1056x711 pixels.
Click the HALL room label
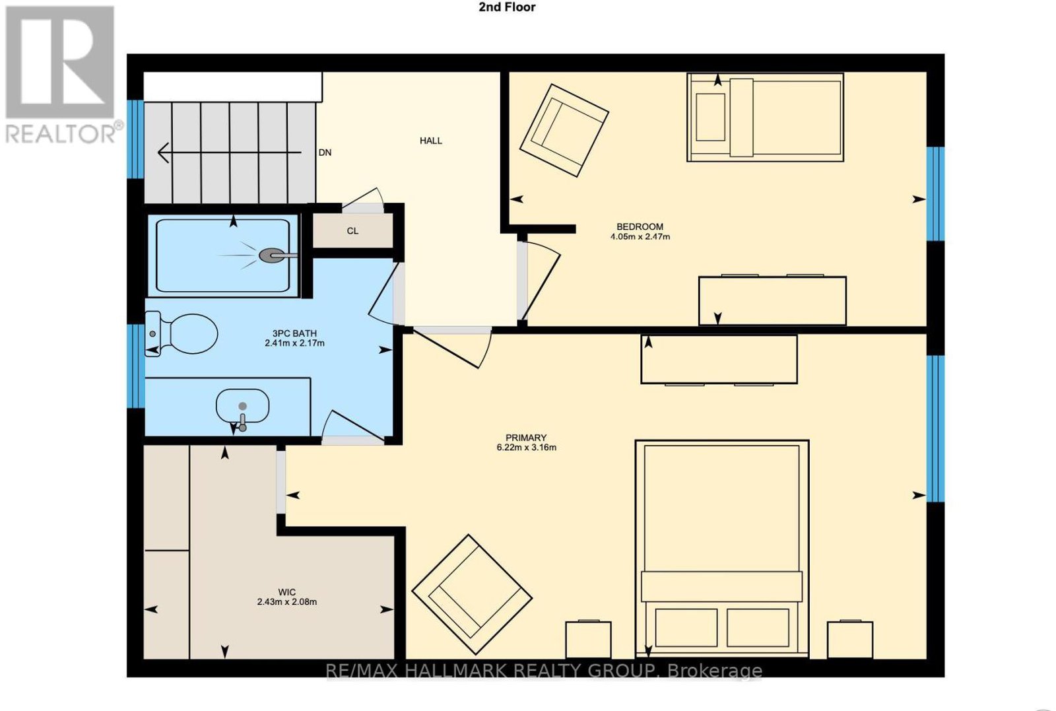(431, 141)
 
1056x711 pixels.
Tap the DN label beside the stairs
(325, 152)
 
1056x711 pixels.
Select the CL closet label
(352, 230)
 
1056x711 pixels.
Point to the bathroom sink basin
(242, 406)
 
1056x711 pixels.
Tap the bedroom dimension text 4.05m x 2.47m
(640, 236)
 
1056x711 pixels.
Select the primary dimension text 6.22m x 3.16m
(526, 447)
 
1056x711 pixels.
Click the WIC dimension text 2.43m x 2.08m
(286, 601)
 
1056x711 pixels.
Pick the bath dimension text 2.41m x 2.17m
(294, 343)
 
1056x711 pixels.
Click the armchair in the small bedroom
(564, 131)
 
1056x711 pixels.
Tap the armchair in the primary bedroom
(472, 595)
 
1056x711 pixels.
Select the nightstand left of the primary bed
(588, 639)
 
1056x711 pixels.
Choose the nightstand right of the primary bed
(850, 639)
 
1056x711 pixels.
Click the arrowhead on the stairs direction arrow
(163, 152)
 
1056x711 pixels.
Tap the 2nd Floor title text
(507, 7)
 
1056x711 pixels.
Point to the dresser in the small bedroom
(772, 300)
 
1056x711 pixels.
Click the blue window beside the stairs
(135, 139)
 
